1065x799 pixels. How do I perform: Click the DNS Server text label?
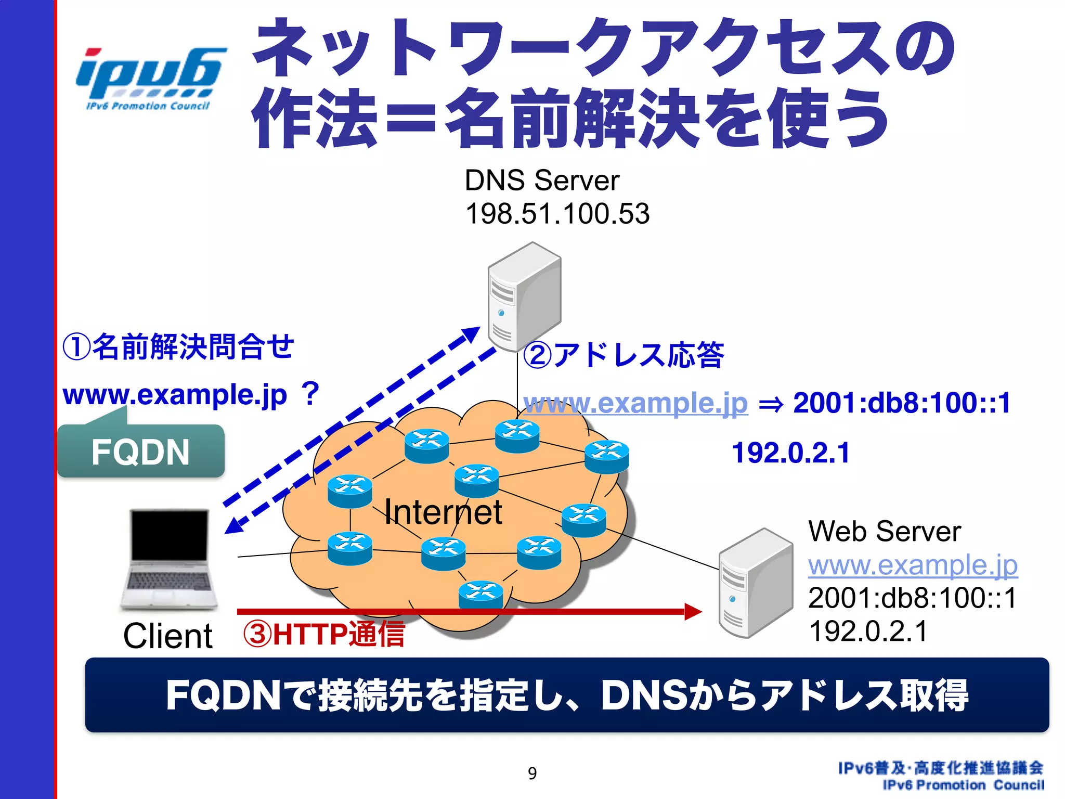pos(541,181)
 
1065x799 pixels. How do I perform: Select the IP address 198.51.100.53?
pos(557,214)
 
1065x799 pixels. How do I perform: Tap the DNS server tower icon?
pos(524,297)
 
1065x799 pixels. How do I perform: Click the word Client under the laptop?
pos(167,636)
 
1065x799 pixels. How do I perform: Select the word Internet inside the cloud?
pos(443,512)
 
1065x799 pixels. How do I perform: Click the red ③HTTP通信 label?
pos(323,635)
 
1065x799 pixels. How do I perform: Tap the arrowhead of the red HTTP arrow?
pos(693,612)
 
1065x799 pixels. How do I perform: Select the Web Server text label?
pos(884,532)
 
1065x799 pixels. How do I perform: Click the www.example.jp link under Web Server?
pos(913,565)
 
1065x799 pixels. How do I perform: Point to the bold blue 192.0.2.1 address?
pos(790,453)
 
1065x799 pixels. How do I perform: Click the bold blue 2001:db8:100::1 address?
pos(902,403)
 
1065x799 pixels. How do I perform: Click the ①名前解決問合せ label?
pos(178,347)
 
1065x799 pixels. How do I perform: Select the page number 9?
pos(532,774)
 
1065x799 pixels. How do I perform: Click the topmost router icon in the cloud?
pos(517,436)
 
